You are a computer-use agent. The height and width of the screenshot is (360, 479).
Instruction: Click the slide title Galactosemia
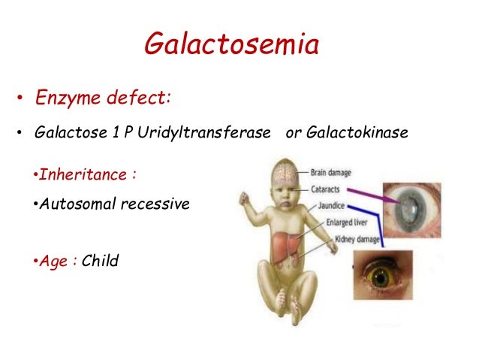click(231, 44)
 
